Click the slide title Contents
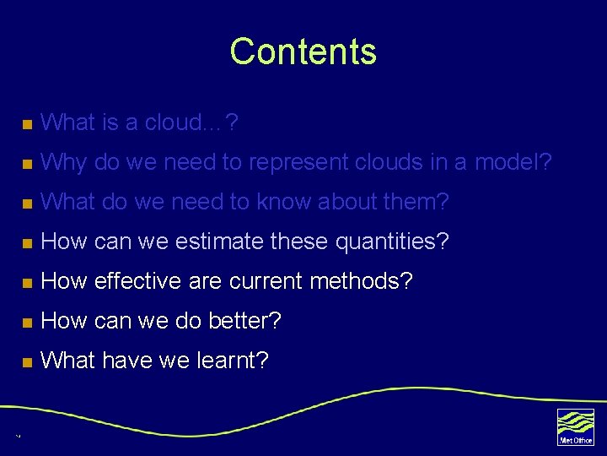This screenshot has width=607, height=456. point(303,52)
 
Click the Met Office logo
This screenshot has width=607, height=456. point(575,426)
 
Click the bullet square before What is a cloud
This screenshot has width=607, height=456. point(27,125)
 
